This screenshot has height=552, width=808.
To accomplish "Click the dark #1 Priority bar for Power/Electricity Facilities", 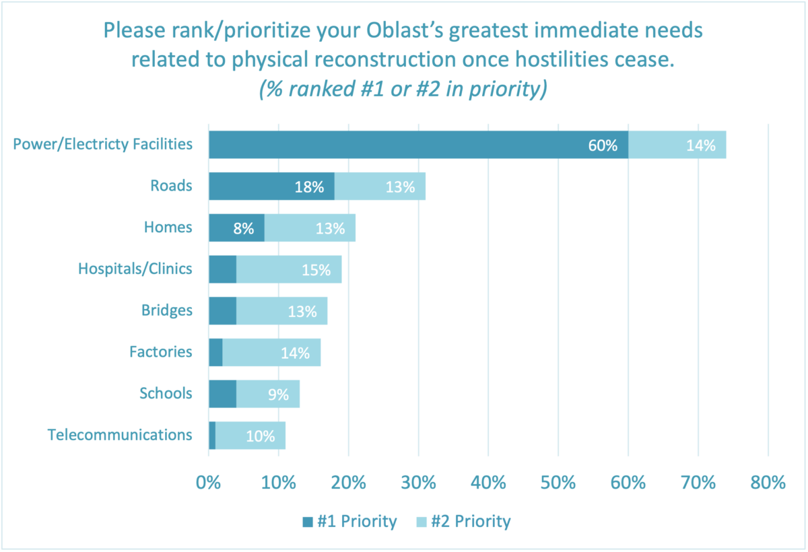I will point(417,145).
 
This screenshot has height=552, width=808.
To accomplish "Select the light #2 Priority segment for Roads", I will point(380,186).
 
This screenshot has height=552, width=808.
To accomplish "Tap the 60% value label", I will point(603,145).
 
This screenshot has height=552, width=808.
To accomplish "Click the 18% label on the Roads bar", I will point(309,187).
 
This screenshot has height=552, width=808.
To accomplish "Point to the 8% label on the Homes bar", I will point(244,229).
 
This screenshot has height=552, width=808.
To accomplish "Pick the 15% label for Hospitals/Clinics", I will point(316,270).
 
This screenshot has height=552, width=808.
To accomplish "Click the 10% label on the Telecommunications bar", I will point(260,436).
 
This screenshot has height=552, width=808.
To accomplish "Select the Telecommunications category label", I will point(120,435).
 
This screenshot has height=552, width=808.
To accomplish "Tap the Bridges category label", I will point(167,310).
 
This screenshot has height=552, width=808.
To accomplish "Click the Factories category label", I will point(161,351).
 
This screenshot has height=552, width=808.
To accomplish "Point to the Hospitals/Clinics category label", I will point(135,269).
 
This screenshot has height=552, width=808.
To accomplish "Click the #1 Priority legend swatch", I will point(308,522).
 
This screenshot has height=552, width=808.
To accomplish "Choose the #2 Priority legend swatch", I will point(422,522).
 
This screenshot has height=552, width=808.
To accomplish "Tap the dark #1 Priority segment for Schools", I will point(222,394).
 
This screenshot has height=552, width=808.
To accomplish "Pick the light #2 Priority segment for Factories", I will point(271,352).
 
